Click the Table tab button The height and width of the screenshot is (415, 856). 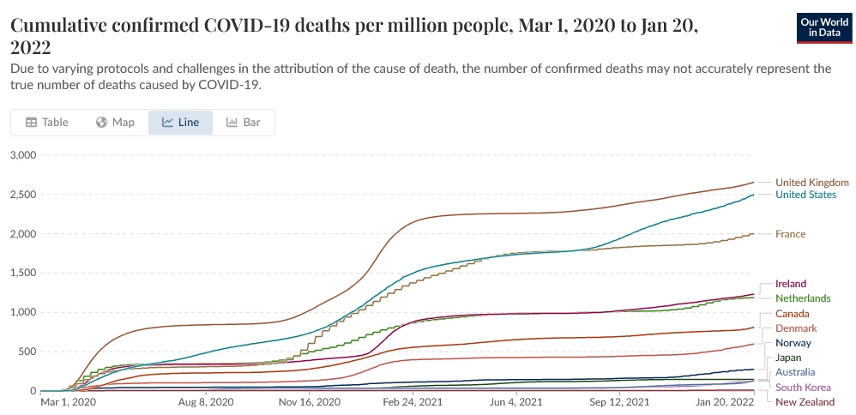47,123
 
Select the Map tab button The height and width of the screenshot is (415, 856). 115,123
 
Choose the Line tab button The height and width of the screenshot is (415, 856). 180,123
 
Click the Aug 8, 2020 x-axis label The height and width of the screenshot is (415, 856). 205,401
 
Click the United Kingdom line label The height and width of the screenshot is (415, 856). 811,182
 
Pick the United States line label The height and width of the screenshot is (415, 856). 805,195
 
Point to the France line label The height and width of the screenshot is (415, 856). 790,234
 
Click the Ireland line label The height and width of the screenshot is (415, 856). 791,284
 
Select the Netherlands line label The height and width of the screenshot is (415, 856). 803,298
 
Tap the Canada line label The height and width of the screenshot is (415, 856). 792,314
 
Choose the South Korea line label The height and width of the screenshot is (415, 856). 803,388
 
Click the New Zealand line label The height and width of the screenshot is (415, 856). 804,402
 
